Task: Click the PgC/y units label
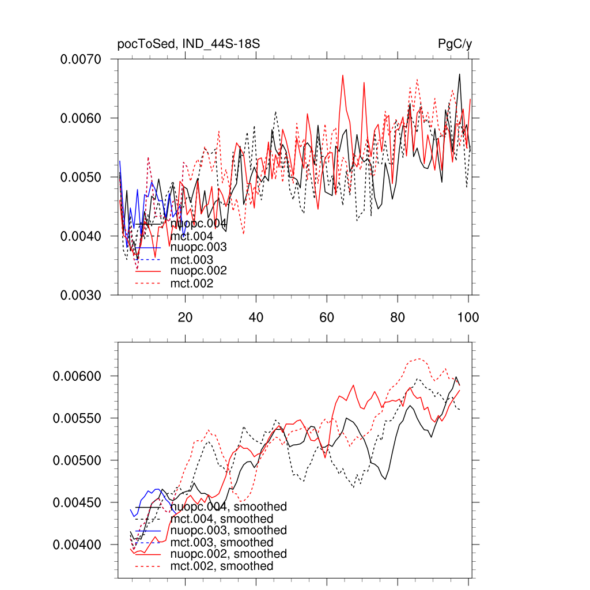point(455,44)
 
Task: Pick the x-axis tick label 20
point(185,317)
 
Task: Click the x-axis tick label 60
point(327,317)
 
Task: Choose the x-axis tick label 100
point(468,317)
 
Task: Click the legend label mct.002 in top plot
point(192,283)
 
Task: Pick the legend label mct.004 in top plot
point(192,236)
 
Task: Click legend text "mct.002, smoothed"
point(222,566)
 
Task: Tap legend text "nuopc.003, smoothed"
point(229,530)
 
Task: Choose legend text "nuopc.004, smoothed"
point(229,507)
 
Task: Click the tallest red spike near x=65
point(343,75)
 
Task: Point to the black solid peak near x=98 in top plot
point(459,74)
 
